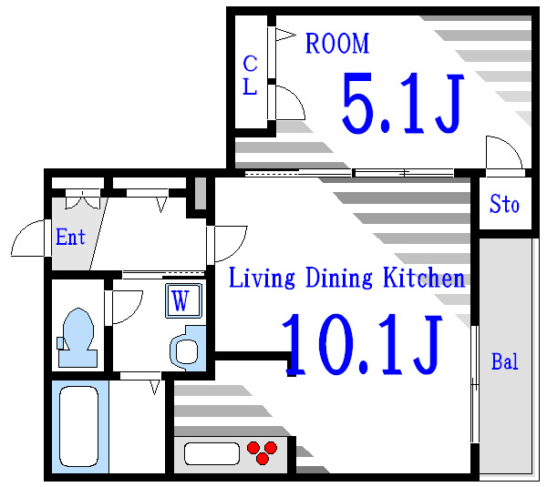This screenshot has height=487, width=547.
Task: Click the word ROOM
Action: point(337,43)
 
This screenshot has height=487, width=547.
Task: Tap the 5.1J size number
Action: point(403,103)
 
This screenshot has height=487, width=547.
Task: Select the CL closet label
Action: point(250,75)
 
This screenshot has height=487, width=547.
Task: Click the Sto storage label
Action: point(504,204)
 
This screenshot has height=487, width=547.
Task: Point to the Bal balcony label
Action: point(505,361)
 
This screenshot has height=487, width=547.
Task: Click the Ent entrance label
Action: point(70,237)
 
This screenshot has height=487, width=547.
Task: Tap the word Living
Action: point(262,278)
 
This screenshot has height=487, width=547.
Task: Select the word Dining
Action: point(339,278)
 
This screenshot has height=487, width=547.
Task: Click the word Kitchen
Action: point(424,277)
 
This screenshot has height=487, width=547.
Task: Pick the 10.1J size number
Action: point(362,344)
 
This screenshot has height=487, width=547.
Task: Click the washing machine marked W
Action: point(184,300)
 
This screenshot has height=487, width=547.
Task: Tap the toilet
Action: point(77,338)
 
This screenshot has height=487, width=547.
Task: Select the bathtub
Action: point(79,426)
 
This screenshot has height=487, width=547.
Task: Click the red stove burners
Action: point(262,452)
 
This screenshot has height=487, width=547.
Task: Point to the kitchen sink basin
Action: point(212,453)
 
